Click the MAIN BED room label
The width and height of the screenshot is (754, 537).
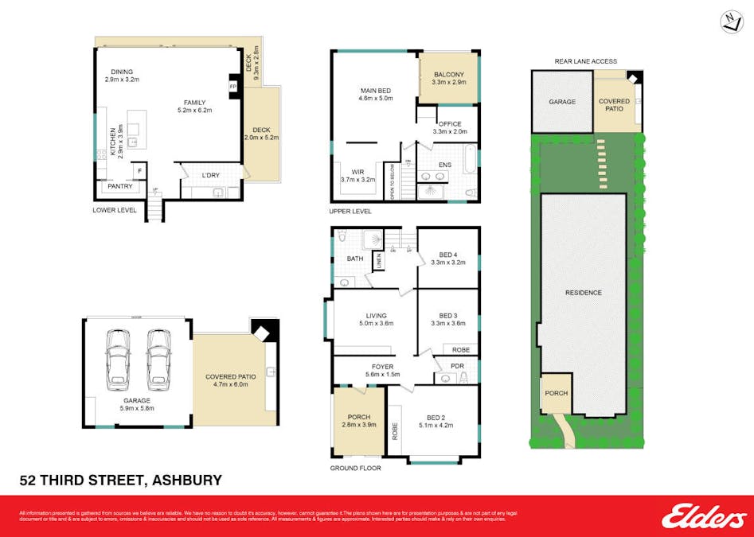pyautogui.click(x=377, y=91)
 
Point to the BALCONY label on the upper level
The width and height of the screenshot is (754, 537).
pyautogui.click(x=449, y=74)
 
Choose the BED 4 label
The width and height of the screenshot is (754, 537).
pyautogui.click(x=449, y=254)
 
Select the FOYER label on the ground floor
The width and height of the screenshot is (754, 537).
pyautogui.click(x=383, y=367)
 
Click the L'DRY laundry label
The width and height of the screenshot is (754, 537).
pyautogui.click(x=210, y=175)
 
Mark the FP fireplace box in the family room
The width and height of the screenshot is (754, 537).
pyautogui.click(x=233, y=86)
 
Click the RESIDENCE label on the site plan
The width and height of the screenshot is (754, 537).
pyautogui.click(x=584, y=293)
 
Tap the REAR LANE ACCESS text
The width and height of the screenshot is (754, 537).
pyautogui.click(x=585, y=61)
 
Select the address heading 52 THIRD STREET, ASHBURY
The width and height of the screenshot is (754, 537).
pyautogui.click(x=120, y=480)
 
